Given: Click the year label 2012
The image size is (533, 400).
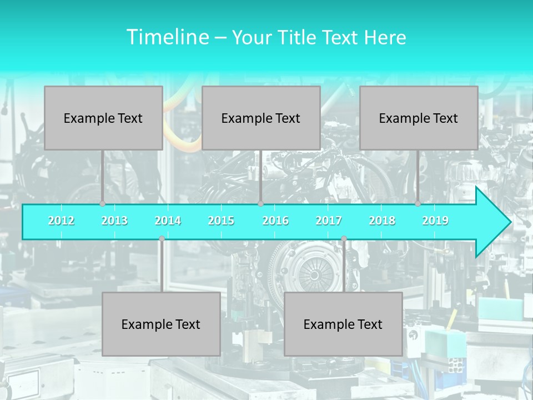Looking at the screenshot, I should (x=61, y=221).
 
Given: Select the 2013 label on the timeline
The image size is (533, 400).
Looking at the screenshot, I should (x=114, y=221).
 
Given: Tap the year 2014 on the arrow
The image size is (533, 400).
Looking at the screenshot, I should (x=168, y=221).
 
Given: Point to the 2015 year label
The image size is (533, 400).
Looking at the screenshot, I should (x=221, y=221).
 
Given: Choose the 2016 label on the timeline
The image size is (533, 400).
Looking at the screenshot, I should (x=275, y=221).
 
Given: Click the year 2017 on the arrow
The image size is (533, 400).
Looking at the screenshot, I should (x=329, y=221).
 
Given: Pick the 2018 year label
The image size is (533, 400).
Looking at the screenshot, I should (x=382, y=221).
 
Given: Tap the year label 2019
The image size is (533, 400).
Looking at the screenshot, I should (x=435, y=221).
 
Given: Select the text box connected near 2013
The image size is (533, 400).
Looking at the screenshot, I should (x=103, y=118).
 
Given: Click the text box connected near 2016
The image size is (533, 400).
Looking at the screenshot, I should (x=261, y=118).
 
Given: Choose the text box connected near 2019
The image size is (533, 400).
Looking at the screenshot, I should (x=419, y=118).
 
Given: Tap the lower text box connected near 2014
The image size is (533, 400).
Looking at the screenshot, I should (x=161, y=324).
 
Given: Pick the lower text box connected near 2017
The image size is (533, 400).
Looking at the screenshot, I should (x=343, y=324).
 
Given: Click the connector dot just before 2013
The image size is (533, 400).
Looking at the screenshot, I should (x=103, y=204).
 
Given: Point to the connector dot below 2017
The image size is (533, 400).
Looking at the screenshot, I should (x=344, y=239).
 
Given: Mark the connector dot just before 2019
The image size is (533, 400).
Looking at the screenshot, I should (x=418, y=204).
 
